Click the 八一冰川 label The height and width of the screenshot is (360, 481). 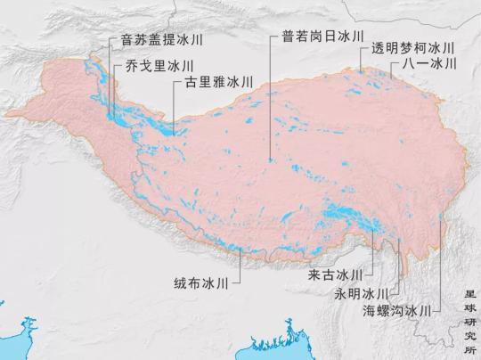[x=428, y=64]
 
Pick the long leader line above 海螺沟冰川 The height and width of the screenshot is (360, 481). [x=441, y=258]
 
